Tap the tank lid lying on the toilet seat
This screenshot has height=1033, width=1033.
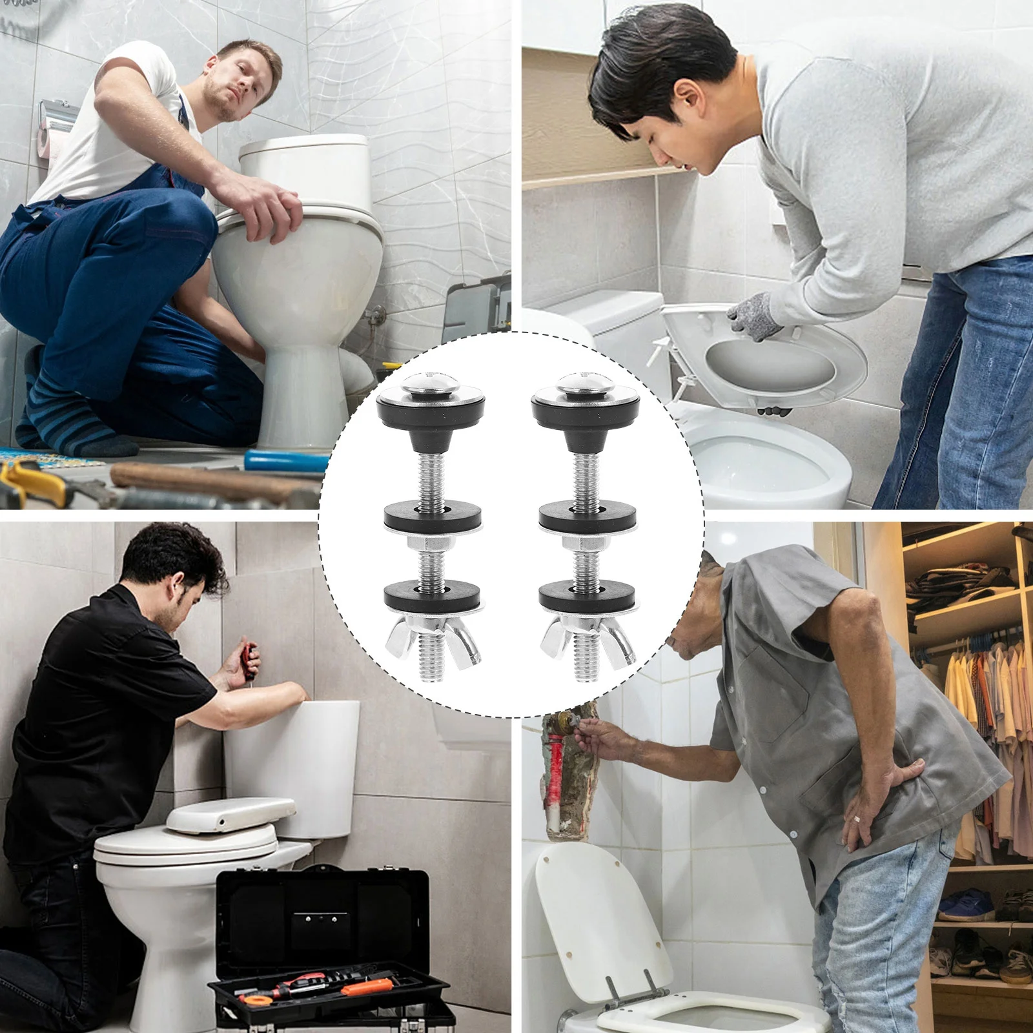coord(229,814)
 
